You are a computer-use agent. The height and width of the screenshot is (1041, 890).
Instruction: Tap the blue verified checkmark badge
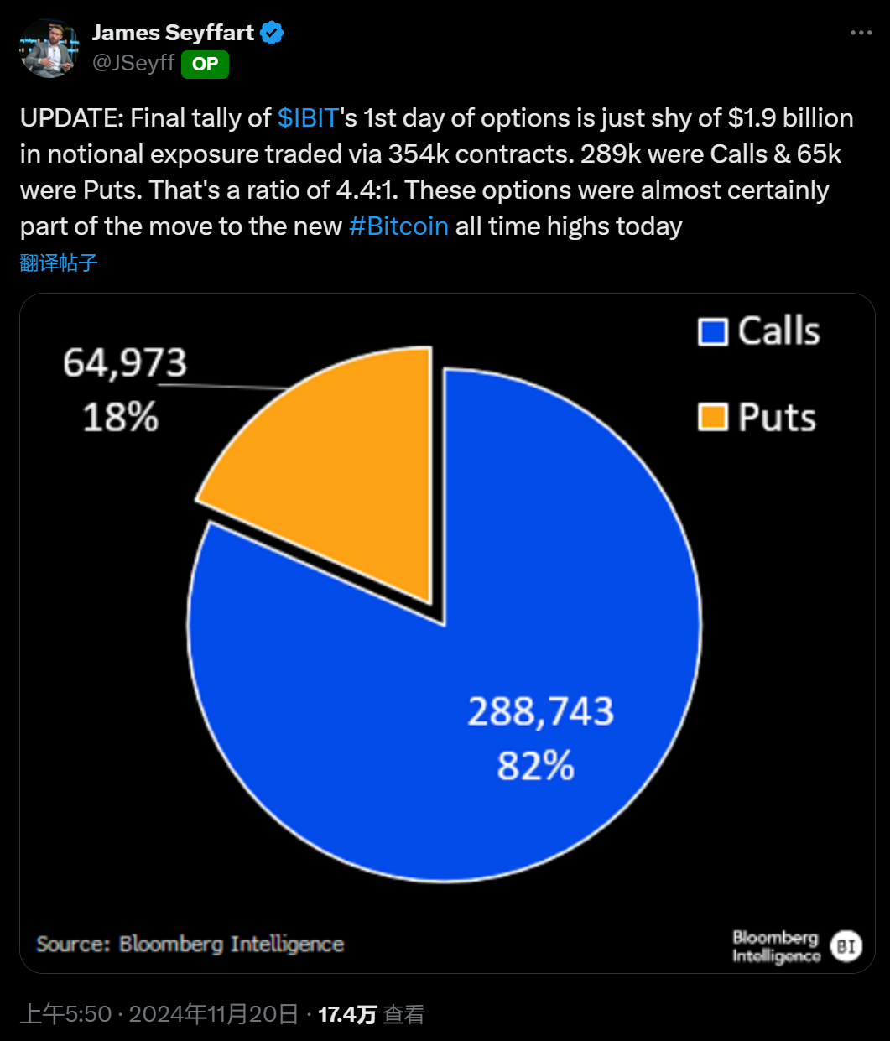(x=272, y=33)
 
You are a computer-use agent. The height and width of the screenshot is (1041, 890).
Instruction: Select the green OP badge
(x=205, y=64)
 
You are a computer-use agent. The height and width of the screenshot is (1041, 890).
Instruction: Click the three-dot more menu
(x=861, y=33)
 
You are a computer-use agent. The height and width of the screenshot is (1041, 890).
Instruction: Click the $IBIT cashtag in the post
(x=308, y=117)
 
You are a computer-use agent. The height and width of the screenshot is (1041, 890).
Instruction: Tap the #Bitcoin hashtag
(x=398, y=226)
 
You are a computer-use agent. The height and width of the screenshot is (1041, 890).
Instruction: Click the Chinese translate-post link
(x=59, y=263)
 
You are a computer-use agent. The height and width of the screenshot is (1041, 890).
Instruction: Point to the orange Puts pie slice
(x=344, y=470)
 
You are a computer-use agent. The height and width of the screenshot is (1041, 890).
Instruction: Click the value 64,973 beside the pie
(x=125, y=363)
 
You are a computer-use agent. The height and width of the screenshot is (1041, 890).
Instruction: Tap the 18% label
(x=121, y=416)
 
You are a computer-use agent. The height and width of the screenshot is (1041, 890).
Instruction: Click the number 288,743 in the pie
(x=540, y=711)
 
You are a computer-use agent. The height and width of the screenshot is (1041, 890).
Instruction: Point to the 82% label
(x=535, y=766)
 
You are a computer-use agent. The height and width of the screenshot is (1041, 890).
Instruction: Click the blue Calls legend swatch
(x=712, y=331)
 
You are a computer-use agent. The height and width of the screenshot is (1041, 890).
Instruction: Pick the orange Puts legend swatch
(x=712, y=417)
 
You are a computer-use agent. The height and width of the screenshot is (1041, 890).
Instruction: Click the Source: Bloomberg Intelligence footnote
(x=190, y=944)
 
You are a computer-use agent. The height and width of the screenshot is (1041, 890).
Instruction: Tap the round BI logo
(x=846, y=946)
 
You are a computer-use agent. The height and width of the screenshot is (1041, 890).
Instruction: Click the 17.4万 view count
(x=347, y=1014)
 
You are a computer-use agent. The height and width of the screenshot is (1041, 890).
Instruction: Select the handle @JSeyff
(x=133, y=63)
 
